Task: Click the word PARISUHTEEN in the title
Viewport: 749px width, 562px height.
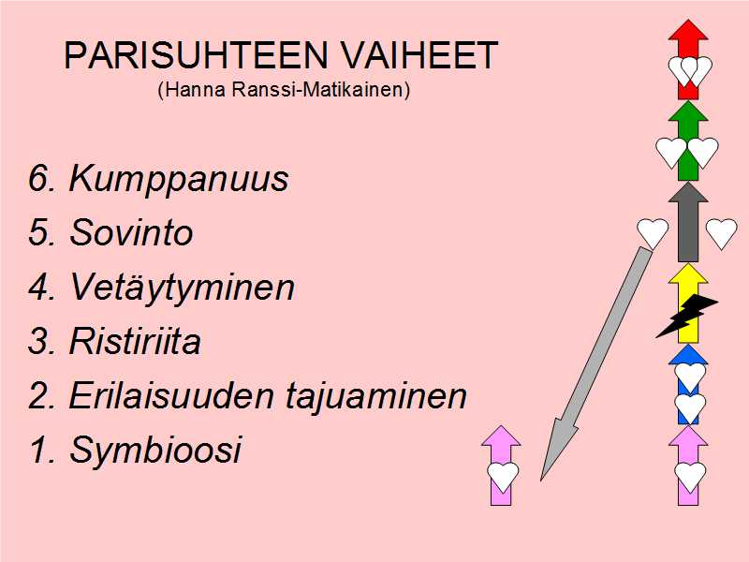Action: coord(197,55)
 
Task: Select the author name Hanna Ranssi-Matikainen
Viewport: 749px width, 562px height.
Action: coord(285,89)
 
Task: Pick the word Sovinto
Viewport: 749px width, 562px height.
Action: coord(131,232)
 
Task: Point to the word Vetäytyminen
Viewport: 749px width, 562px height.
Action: coord(182,288)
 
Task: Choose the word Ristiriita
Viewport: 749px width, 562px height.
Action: coord(135,341)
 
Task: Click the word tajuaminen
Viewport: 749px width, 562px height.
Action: coord(376,395)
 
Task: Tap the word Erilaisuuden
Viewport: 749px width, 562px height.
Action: coord(171,394)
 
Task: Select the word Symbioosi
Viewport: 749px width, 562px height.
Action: coord(155,451)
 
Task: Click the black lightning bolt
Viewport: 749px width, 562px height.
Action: coord(687,316)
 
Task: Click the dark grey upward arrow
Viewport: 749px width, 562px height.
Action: coord(688,222)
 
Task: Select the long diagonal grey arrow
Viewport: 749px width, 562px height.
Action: coord(596,364)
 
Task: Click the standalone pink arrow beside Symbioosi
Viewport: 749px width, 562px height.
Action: coord(501,465)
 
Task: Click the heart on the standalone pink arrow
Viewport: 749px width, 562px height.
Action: coord(503,477)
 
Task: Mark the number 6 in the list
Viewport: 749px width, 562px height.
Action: coord(38,179)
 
